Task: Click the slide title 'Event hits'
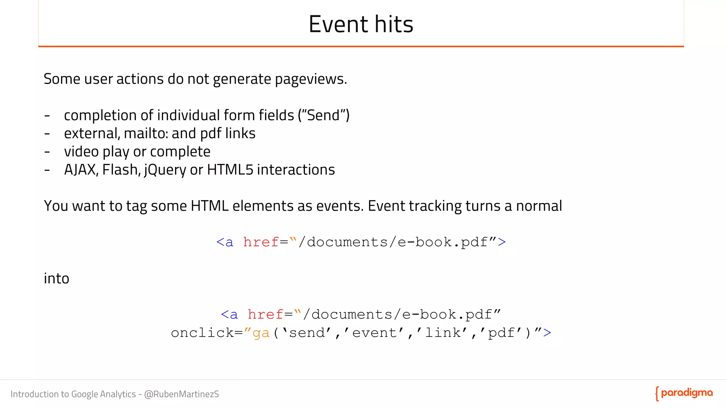(361, 24)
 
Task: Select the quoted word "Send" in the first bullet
(323, 115)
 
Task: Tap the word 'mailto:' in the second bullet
(146, 134)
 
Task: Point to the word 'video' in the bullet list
(81, 152)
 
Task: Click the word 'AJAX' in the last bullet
(80, 170)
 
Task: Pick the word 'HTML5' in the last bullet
(230, 170)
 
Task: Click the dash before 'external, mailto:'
(47, 134)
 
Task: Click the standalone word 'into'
(56, 278)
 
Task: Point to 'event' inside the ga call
(374, 333)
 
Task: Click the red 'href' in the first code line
(261, 242)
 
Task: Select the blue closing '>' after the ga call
(547, 333)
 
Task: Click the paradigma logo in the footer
(684, 393)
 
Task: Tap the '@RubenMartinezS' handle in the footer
(181, 394)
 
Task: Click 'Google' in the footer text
(84, 394)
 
